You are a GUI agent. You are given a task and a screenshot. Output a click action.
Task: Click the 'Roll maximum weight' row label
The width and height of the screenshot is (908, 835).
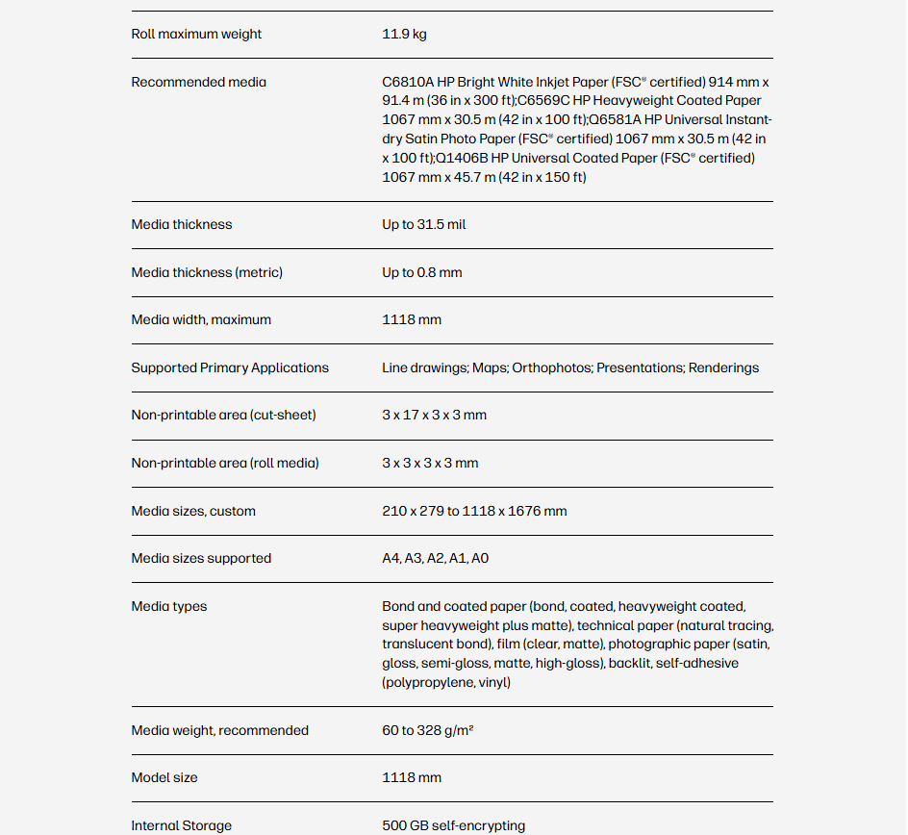point(196,35)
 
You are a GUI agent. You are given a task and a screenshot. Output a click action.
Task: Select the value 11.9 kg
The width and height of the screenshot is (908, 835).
point(404,35)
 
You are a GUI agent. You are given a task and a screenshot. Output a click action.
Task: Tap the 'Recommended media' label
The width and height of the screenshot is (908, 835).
point(198,83)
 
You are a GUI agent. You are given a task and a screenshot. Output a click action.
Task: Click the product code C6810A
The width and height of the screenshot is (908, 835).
point(408,83)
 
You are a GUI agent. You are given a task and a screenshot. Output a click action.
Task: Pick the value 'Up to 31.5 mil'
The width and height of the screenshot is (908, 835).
point(423,225)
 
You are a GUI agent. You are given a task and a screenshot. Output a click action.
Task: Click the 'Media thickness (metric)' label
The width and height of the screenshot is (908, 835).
point(207,273)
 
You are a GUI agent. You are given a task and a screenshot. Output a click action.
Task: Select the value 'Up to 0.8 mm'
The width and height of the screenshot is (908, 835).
point(421,273)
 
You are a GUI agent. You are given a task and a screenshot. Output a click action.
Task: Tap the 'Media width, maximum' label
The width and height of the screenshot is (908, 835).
point(201,320)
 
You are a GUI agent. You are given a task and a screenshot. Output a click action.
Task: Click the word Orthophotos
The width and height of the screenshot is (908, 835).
point(550,368)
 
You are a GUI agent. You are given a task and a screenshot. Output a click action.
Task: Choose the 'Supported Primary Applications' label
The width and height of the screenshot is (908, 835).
point(230,368)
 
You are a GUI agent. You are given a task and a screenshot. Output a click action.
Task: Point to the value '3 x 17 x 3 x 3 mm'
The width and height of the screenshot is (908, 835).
point(434,416)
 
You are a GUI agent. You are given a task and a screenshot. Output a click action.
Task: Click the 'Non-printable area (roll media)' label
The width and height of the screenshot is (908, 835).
point(224,464)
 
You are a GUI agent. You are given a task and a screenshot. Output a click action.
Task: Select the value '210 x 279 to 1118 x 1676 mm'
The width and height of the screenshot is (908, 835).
point(474,512)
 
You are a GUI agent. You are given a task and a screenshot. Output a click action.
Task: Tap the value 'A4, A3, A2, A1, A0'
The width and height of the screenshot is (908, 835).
point(435,559)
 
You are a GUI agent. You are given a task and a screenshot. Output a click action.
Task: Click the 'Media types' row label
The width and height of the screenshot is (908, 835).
point(168,607)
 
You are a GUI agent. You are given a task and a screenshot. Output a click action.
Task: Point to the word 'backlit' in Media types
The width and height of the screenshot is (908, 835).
point(629,664)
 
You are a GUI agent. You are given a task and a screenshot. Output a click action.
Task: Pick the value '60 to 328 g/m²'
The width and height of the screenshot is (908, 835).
point(427,731)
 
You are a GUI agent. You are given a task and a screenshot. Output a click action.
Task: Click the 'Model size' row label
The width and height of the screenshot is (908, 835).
point(164,778)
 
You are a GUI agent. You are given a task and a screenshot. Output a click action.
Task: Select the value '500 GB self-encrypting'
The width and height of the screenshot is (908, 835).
point(453,826)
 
